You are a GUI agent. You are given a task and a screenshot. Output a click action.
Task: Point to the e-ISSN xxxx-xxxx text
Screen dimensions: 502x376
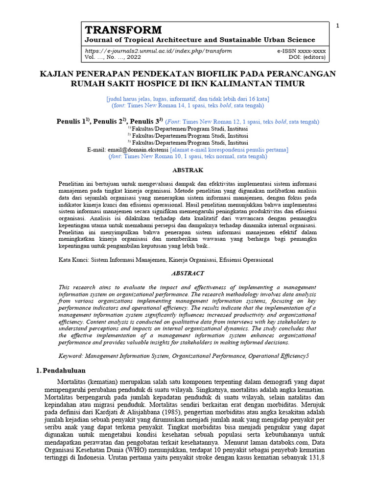point(302,51)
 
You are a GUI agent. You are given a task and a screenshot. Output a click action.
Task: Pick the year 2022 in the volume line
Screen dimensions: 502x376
point(133,57)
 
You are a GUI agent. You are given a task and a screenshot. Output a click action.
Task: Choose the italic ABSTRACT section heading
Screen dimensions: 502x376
point(188,273)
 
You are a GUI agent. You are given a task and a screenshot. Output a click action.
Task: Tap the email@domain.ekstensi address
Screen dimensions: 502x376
point(138,150)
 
